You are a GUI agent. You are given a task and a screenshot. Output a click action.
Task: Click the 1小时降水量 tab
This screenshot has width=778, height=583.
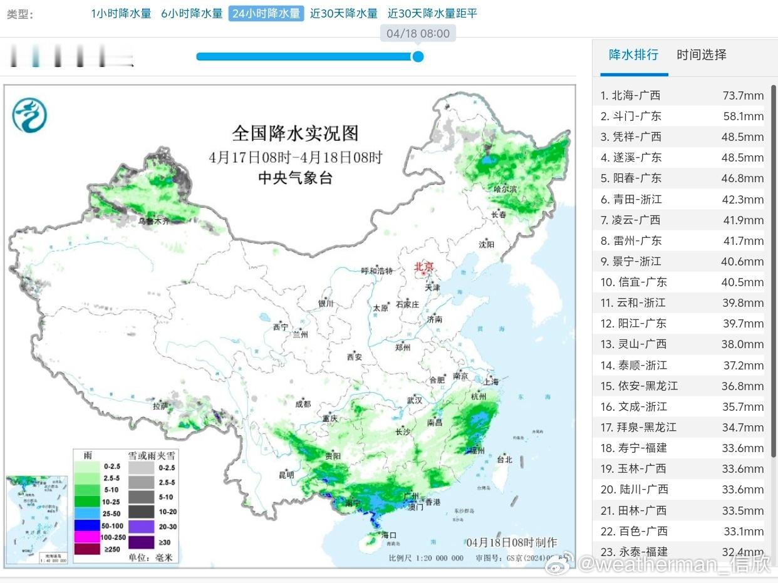(x=121, y=13)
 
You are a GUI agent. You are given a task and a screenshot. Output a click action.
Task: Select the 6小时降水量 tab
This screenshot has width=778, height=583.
(x=192, y=13)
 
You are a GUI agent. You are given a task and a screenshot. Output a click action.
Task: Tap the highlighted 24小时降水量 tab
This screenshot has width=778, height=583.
(x=266, y=13)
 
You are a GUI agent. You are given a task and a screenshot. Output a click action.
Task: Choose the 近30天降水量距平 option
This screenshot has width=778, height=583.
(x=432, y=13)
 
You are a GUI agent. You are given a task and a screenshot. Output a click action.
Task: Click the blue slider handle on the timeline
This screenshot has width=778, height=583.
(x=418, y=57)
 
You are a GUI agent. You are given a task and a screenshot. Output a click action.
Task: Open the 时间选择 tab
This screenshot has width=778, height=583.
(x=702, y=54)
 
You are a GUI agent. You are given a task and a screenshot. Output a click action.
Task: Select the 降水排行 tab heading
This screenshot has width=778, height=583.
(x=633, y=54)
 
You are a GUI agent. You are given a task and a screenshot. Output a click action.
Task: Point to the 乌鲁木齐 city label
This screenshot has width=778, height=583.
(x=153, y=221)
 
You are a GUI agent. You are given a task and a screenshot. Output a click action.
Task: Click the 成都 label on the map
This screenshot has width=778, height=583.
(x=303, y=404)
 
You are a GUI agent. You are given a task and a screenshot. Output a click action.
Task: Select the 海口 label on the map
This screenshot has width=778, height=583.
(x=389, y=535)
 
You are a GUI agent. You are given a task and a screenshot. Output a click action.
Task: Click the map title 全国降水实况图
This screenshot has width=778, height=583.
(x=295, y=133)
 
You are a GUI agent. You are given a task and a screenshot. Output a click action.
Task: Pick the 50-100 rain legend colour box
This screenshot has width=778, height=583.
(x=86, y=525)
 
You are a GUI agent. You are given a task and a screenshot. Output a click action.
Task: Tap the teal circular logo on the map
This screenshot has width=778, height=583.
(x=29, y=115)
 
